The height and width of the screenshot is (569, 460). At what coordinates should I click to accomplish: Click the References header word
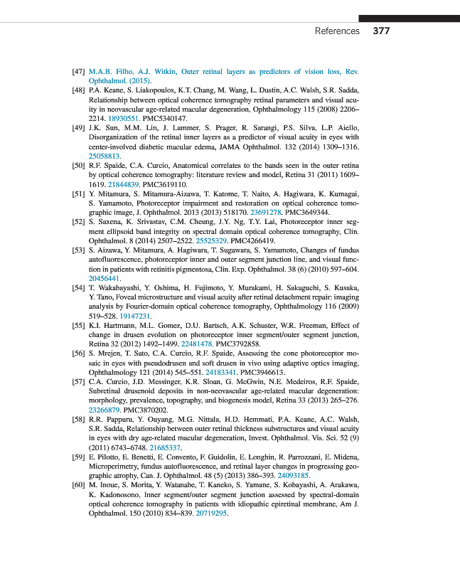pyautogui.click(x=337, y=31)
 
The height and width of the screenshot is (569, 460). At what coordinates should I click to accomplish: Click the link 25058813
pyautogui.click(x=105, y=155)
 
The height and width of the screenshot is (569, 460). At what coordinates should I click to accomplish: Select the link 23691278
pyautogui.click(x=267, y=211)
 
